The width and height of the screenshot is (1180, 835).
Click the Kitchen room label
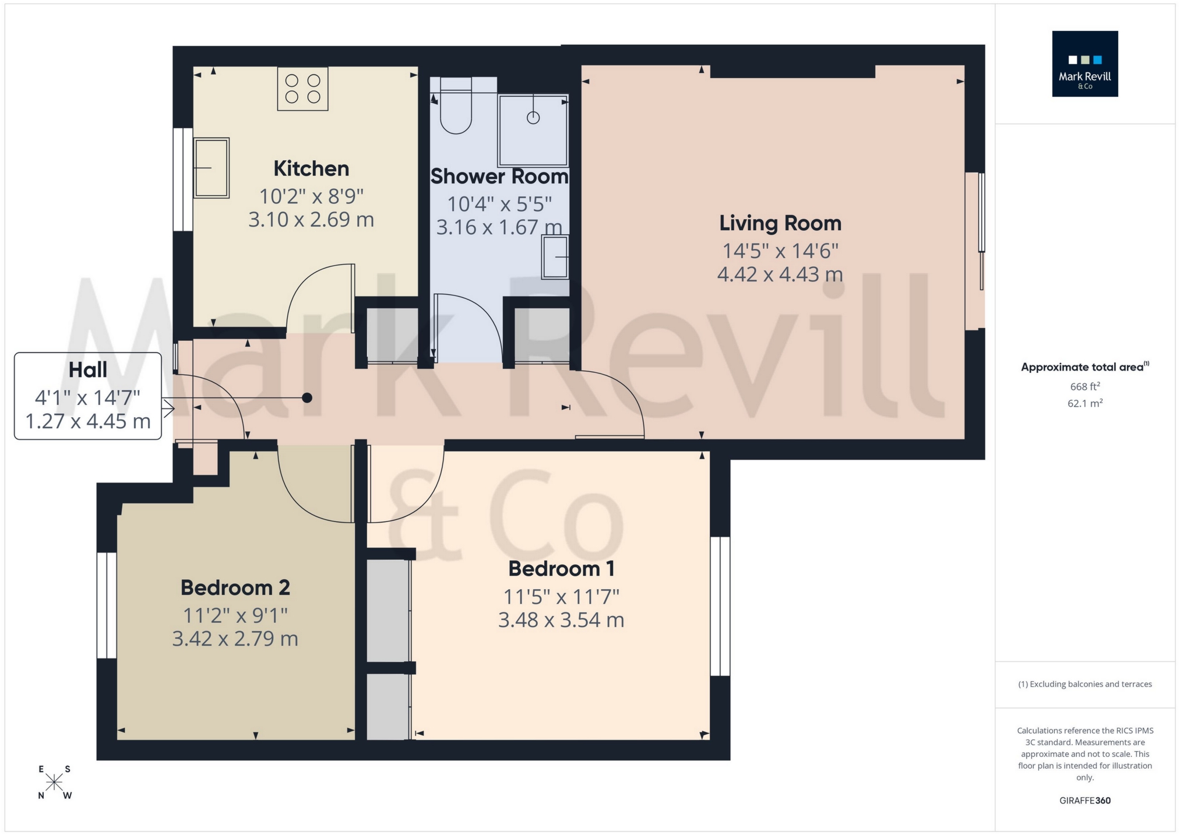coord(311,169)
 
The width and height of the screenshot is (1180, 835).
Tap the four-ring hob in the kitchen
coord(302,89)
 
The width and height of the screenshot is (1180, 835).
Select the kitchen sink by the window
coord(211,168)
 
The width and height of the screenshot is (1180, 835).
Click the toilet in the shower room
coord(455,112)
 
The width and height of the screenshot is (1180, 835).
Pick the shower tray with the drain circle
coord(533,131)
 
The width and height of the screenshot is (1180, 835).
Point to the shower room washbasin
coord(555,257)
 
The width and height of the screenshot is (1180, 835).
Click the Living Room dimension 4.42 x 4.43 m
coord(780,274)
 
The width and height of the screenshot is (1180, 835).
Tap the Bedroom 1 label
coord(561,569)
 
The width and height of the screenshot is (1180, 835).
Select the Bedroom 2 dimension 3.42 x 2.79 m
coord(235,639)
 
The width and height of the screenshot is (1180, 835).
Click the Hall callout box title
coord(88,370)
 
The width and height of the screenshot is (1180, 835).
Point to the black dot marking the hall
coord(307,398)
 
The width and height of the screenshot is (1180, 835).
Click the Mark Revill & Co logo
coord(1084,64)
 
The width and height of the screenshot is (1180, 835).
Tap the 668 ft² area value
coord(1084,387)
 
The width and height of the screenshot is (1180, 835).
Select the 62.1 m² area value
coord(1084,403)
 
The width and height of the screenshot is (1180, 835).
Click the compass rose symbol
coord(54,782)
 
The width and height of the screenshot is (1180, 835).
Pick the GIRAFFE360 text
coord(1084,801)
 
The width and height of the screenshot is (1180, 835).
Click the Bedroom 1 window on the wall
coord(720,606)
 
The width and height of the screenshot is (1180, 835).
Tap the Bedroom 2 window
coord(107,605)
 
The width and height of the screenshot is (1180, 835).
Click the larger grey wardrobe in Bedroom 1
coord(388,610)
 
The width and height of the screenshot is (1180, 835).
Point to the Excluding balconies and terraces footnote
coord(1084,684)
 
